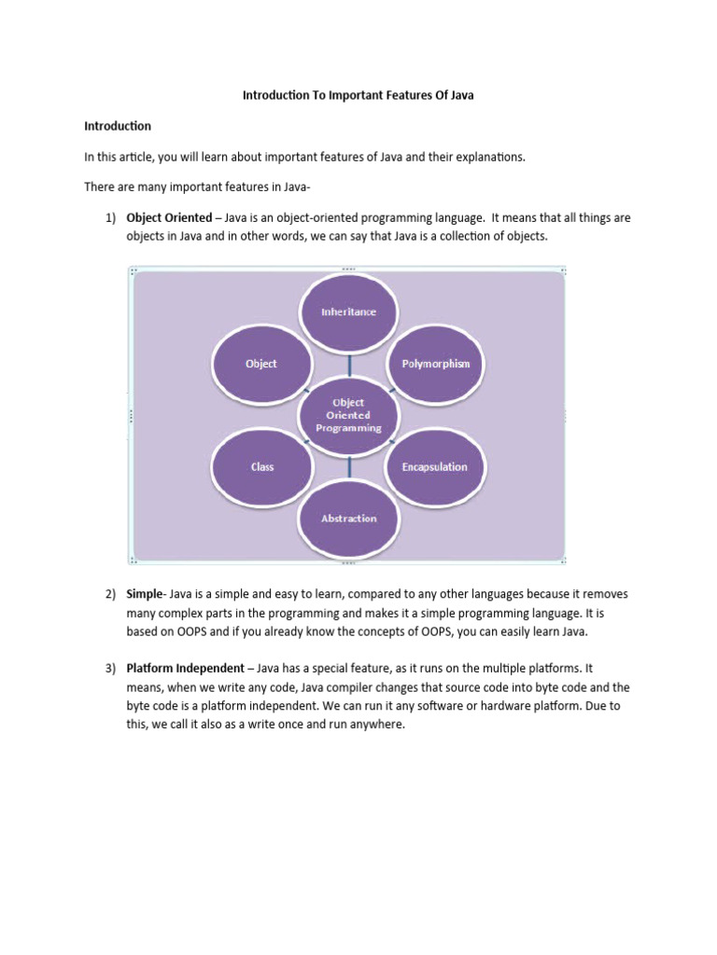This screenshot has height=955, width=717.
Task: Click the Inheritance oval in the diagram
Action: tap(349, 311)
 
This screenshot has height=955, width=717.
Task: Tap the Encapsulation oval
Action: tap(434, 466)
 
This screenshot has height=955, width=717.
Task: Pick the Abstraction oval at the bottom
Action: tap(349, 518)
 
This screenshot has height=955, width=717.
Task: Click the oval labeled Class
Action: tap(262, 466)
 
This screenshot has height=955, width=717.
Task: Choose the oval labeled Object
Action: tap(261, 363)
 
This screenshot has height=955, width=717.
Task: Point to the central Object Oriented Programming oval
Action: tap(348, 415)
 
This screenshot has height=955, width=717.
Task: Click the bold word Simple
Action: tap(145, 594)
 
